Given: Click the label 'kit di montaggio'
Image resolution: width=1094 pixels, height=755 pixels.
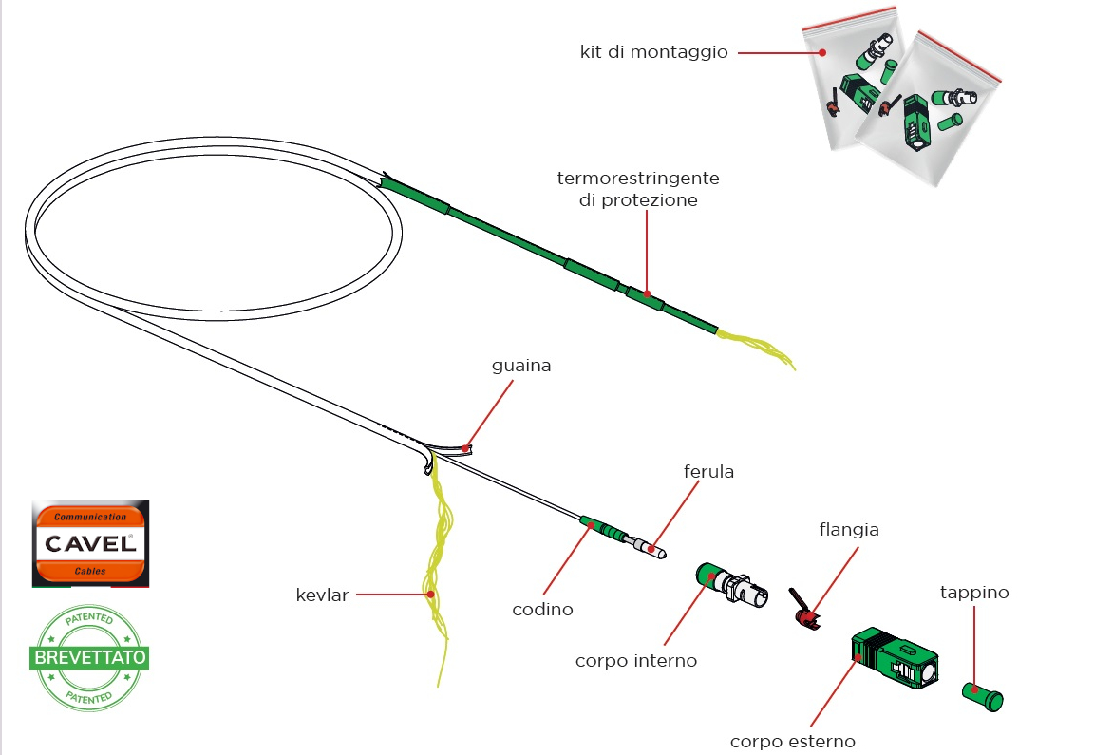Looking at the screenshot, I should click(653, 52).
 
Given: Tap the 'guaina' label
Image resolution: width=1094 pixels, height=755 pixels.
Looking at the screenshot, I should click(521, 366).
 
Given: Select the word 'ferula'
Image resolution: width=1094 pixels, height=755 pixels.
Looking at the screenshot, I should click(708, 471).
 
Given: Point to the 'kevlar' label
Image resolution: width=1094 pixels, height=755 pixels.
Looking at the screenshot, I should click(321, 595).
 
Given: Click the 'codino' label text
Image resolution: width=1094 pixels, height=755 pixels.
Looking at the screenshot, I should click(542, 610).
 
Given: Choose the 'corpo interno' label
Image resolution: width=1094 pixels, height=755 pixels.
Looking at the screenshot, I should click(635, 660).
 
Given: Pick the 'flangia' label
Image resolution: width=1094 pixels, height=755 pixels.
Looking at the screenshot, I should click(848, 530).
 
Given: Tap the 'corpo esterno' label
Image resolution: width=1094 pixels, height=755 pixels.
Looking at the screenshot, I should click(792, 741).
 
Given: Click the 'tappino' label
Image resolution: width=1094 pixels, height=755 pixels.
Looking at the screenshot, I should click(974, 593).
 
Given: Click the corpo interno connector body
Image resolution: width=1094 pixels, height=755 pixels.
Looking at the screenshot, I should click(726, 582).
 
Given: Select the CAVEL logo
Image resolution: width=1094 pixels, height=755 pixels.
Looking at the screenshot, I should click(89, 543).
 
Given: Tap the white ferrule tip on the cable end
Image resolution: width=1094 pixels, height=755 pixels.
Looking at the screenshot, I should click(654, 550).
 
